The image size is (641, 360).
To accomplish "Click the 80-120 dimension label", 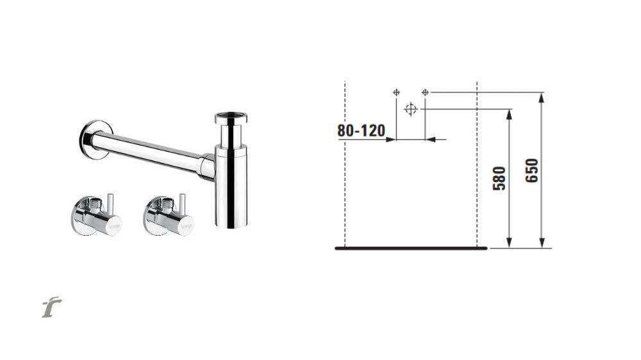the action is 361,131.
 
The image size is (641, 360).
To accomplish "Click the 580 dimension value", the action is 499,179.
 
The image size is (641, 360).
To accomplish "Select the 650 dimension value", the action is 532,171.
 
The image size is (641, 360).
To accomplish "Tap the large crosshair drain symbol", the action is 410,109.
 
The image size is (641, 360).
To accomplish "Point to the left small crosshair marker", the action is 396,92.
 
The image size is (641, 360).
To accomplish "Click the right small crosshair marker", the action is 425,92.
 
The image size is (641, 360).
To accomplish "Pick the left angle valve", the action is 97,215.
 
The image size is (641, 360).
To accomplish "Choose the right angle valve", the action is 169,215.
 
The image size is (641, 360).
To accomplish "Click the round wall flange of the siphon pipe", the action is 92,140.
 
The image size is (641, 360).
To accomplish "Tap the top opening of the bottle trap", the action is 231,117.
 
